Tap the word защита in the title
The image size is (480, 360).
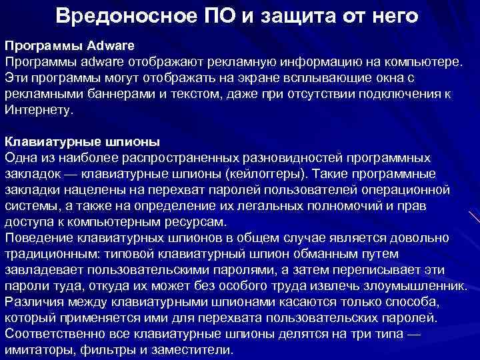pos(295,15)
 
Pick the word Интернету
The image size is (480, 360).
pos(38,110)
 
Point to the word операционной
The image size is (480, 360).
pos(419,190)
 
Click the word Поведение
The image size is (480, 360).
pos(38,238)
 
